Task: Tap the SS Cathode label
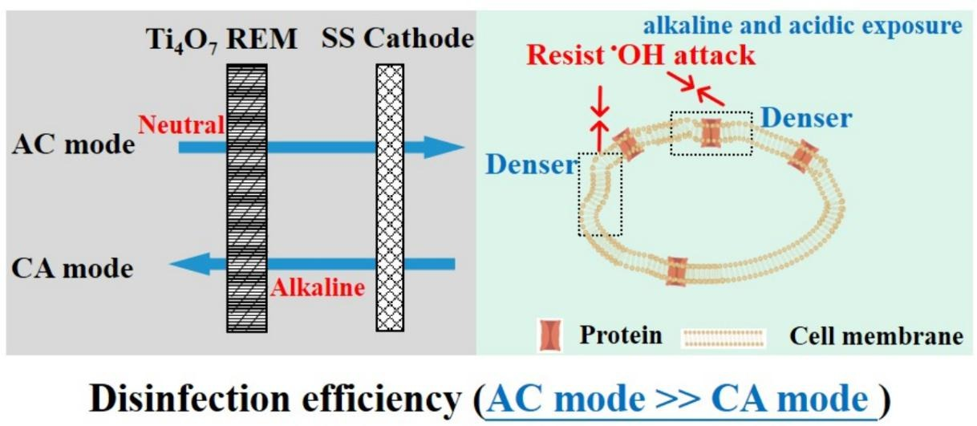(x=398, y=39)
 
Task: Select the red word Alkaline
(x=317, y=287)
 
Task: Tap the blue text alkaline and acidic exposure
(x=803, y=26)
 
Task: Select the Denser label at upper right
(x=806, y=118)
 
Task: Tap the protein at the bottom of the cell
(x=677, y=271)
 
